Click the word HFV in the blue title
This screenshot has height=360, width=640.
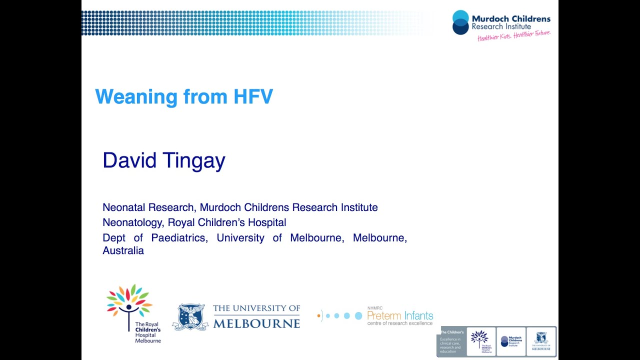tap(253, 96)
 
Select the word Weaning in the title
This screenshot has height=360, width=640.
tap(136, 96)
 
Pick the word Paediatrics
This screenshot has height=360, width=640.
tap(178, 237)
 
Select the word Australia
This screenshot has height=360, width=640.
tap(123, 251)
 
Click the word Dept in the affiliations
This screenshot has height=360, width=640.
tap(113, 237)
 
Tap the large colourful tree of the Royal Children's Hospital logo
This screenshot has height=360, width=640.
tap(129, 302)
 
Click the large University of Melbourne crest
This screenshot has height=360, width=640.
tap(190, 316)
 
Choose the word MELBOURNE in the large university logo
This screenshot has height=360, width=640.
tap(256, 323)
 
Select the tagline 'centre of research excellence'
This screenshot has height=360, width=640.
tap(400, 323)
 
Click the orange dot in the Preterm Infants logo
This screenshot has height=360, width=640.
tap(319, 315)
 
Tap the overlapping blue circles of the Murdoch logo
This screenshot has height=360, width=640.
tap(460, 22)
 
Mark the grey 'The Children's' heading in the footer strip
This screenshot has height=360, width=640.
tap(452, 332)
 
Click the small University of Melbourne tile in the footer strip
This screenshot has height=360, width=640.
tap(540, 341)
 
